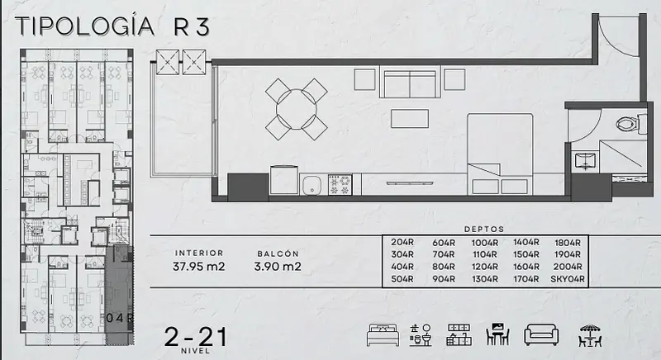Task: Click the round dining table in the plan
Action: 297,109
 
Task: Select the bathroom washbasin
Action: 585,161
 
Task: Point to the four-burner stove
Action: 340,185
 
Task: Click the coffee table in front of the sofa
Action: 409,118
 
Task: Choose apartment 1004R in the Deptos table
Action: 485,243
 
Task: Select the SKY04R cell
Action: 568,279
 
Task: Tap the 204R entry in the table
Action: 402,243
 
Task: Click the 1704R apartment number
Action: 526,279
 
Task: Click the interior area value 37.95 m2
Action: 198,267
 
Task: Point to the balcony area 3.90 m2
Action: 278,267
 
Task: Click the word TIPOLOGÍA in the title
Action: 85,26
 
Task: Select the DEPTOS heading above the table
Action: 484,230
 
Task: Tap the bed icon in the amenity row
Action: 383,335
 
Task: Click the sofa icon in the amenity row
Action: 541,335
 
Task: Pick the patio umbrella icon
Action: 590,335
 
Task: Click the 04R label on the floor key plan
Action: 119,318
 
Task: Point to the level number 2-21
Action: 196,337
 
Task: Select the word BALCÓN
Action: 278,253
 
